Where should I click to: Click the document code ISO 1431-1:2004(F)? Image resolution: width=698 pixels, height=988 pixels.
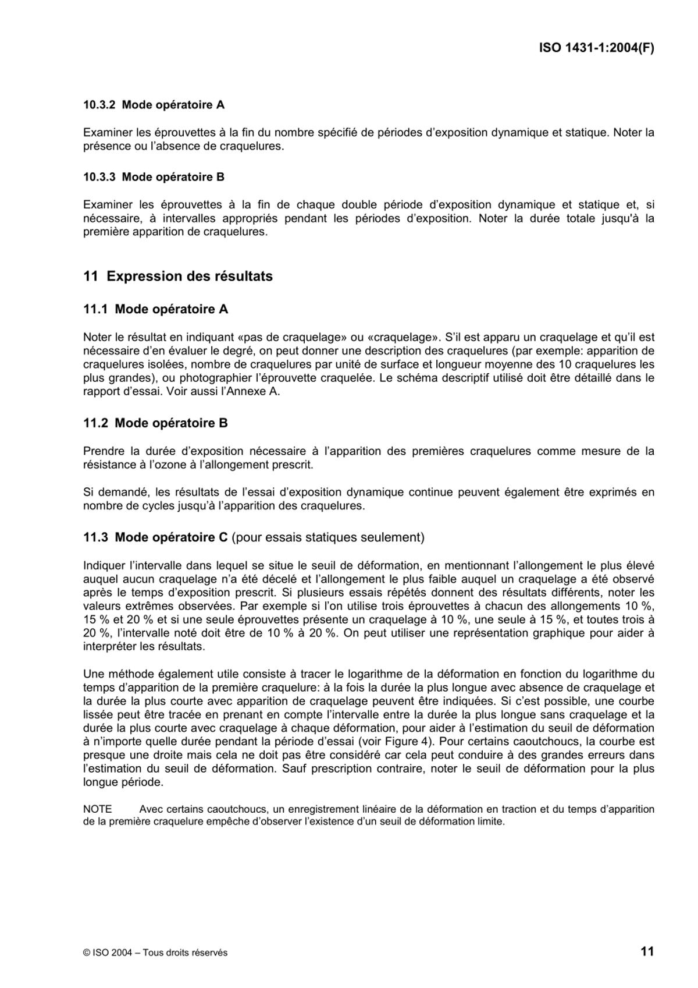[596, 48]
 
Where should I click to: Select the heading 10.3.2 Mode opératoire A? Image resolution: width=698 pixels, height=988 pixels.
[154, 105]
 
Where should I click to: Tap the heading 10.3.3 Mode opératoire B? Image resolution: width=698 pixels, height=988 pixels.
[154, 177]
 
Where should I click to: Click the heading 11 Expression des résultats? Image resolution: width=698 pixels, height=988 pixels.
[178, 276]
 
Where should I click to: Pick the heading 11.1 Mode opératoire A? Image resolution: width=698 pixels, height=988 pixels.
[156, 309]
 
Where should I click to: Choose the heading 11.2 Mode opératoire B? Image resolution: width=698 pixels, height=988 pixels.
[156, 423]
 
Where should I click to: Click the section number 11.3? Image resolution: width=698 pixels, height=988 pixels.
[95, 537]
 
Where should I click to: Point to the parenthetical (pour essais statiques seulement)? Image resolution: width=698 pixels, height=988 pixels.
[328, 537]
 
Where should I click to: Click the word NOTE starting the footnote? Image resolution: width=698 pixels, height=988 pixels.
[97, 809]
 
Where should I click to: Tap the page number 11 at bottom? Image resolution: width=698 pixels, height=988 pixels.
[647, 951]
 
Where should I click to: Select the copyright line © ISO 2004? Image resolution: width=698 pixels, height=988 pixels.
[155, 953]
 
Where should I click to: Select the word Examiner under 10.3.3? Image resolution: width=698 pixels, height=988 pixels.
[107, 205]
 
